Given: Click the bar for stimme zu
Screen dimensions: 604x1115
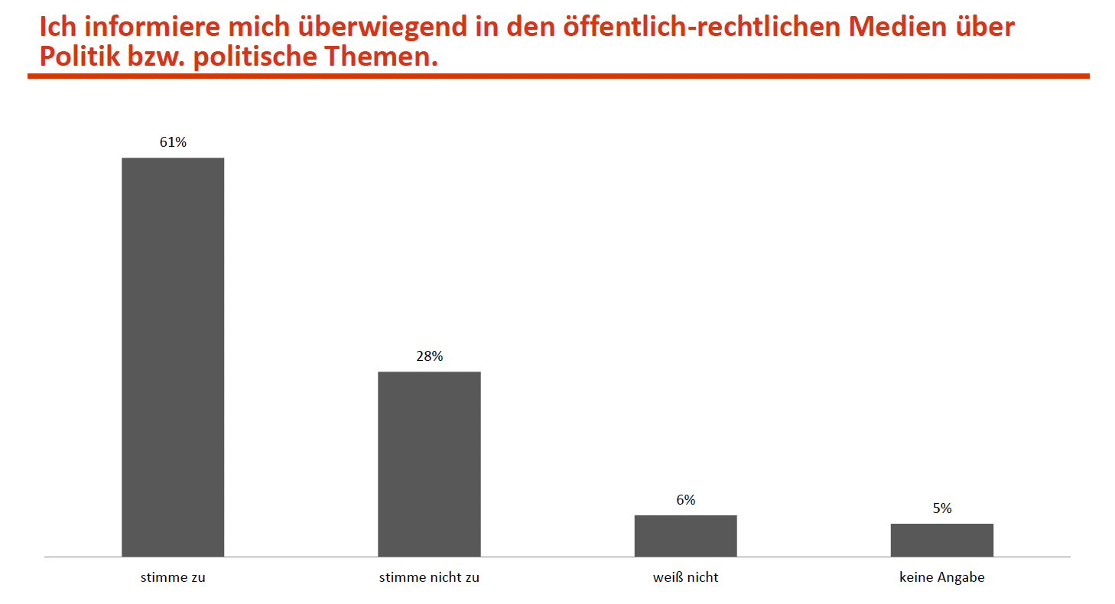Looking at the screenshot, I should pyautogui.click(x=173, y=357).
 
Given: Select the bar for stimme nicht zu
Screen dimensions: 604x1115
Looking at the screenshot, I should pyautogui.click(x=429, y=464).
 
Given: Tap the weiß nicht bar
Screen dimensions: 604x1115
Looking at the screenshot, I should pyautogui.click(x=685, y=536).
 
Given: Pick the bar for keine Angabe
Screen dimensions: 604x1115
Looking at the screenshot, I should pyautogui.click(x=941, y=540).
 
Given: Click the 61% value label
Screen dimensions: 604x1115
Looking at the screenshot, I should pyautogui.click(x=173, y=142).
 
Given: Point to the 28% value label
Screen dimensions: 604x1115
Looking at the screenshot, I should pyautogui.click(x=429, y=356).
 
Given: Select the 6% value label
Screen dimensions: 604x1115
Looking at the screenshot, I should pyautogui.click(x=685, y=500).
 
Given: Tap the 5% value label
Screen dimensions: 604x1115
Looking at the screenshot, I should pyautogui.click(x=941, y=508).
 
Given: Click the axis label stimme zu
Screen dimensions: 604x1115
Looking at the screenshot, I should pyautogui.click(x=173, y=578).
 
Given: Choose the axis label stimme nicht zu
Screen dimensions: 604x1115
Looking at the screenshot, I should pyautogui.click(x=429, y=578).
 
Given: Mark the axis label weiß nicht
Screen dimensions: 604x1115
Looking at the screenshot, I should pyautogui.click(x=685, y=578).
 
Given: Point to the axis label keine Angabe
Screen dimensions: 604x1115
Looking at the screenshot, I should pyautogui.click(x=941, y=578).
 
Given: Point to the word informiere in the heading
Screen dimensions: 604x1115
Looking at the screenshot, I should pyautogui.click(x=145, y=28).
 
